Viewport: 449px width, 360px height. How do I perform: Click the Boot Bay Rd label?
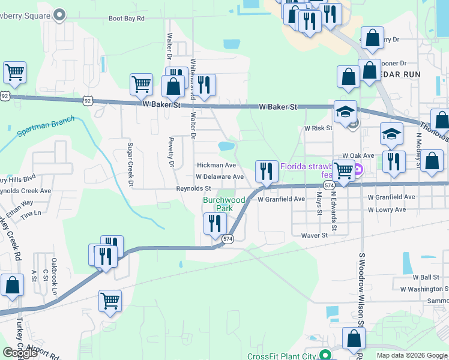[x=127, y=19]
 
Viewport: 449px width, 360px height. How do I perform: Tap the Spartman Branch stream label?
[x=41, y=125]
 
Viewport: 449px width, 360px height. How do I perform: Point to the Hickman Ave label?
[x=217, y=165]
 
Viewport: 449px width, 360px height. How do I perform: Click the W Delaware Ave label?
[x=220, y=177]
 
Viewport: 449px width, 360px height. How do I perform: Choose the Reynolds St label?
[x=193, y=188]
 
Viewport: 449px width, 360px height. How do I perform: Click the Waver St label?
[x=315, y=236]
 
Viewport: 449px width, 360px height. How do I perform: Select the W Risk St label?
[x=318, y=128]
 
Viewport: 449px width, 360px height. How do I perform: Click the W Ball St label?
[x=426, y=277]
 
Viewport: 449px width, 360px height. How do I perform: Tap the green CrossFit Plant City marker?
[x=325, y=355]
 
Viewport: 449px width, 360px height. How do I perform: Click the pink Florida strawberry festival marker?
[x=358, y=170]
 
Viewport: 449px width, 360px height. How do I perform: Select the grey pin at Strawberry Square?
[x=59, y=14]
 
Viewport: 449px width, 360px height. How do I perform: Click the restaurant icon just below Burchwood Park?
[x=214, y=223]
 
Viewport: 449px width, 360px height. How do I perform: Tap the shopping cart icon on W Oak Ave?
[x=343, y=170]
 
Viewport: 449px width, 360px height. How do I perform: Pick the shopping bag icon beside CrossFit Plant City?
[x=353, y=339]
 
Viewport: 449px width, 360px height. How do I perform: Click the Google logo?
[x=20, y=353]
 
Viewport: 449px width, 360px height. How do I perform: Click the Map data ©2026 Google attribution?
[x=411, y=355]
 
